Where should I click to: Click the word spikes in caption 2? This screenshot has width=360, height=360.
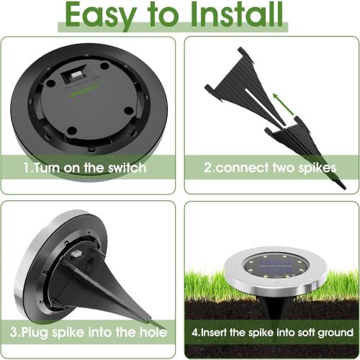316,168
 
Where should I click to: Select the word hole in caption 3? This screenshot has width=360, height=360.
153,333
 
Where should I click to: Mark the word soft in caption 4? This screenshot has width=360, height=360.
297,333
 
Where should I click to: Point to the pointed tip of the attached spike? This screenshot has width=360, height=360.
148,318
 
